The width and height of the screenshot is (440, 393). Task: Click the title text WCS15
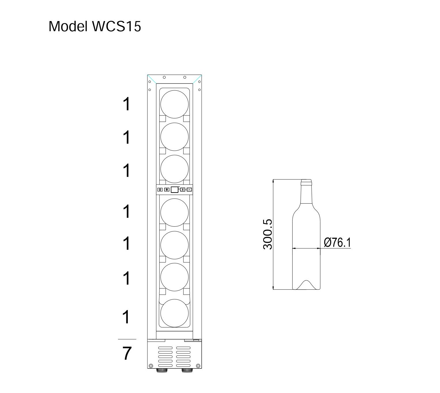pos(117,27)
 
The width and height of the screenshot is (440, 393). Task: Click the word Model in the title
pos(68,27)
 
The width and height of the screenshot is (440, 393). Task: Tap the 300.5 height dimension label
pos(267,234)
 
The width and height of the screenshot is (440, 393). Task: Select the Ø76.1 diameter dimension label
pos(337,242)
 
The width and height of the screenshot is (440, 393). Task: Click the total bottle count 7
pos(127,353)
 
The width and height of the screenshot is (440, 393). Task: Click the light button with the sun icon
pos(166,189)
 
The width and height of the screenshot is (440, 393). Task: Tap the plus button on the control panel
pos(183,189)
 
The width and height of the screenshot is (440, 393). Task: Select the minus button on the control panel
pos(189,189)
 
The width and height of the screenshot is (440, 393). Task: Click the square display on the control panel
pos(174,189)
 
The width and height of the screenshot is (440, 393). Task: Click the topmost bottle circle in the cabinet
pos(174,104)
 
